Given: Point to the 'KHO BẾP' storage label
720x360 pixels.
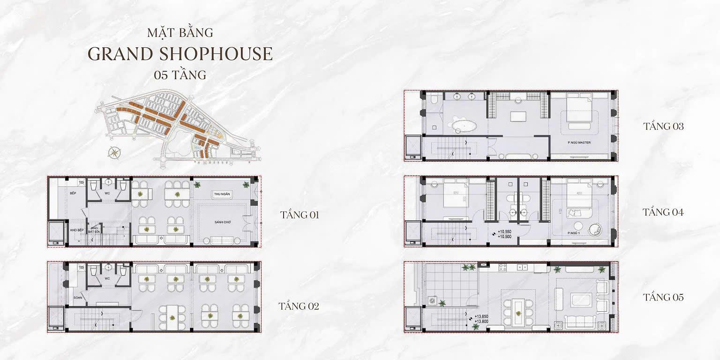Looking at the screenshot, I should pyautogui.click(x=76, y=231).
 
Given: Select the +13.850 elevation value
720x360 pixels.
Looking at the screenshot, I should pyautogui.click(x=481, y=316).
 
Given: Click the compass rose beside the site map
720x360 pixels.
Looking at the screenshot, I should pyautogui.click(x=113, y=152).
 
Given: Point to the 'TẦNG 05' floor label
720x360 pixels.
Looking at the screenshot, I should pyautogui.click(x=663, y=297).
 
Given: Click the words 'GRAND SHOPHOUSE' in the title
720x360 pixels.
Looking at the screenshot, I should pyautogui.click(x=180, y=54).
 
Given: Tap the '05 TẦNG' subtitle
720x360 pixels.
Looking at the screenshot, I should pyautogui.click(x=180, y=75).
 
